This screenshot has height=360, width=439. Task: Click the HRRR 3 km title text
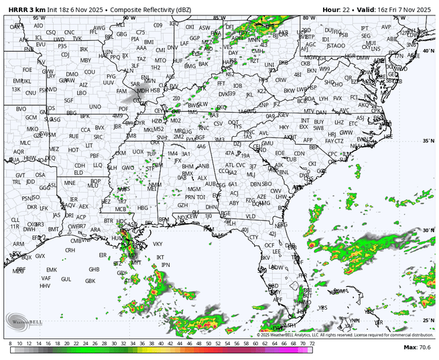25,8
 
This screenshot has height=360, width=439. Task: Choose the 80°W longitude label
308,18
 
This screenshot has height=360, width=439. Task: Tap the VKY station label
158,244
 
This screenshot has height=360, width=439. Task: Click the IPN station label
166,265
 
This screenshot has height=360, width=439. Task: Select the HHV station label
46,286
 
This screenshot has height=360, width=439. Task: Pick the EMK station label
52,269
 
